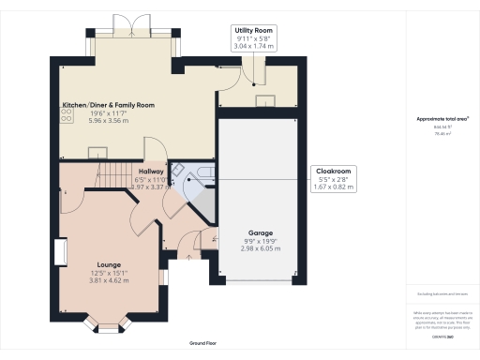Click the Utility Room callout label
253,30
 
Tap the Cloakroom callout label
333,170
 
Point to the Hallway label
151,172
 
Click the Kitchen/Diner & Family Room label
108,105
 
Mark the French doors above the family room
126,24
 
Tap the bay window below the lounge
109,326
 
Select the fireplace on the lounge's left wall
60,253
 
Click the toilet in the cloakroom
186,174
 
